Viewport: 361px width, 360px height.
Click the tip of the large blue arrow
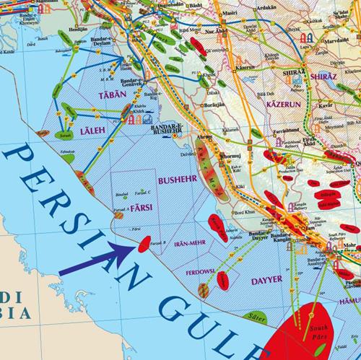(134, 245)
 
